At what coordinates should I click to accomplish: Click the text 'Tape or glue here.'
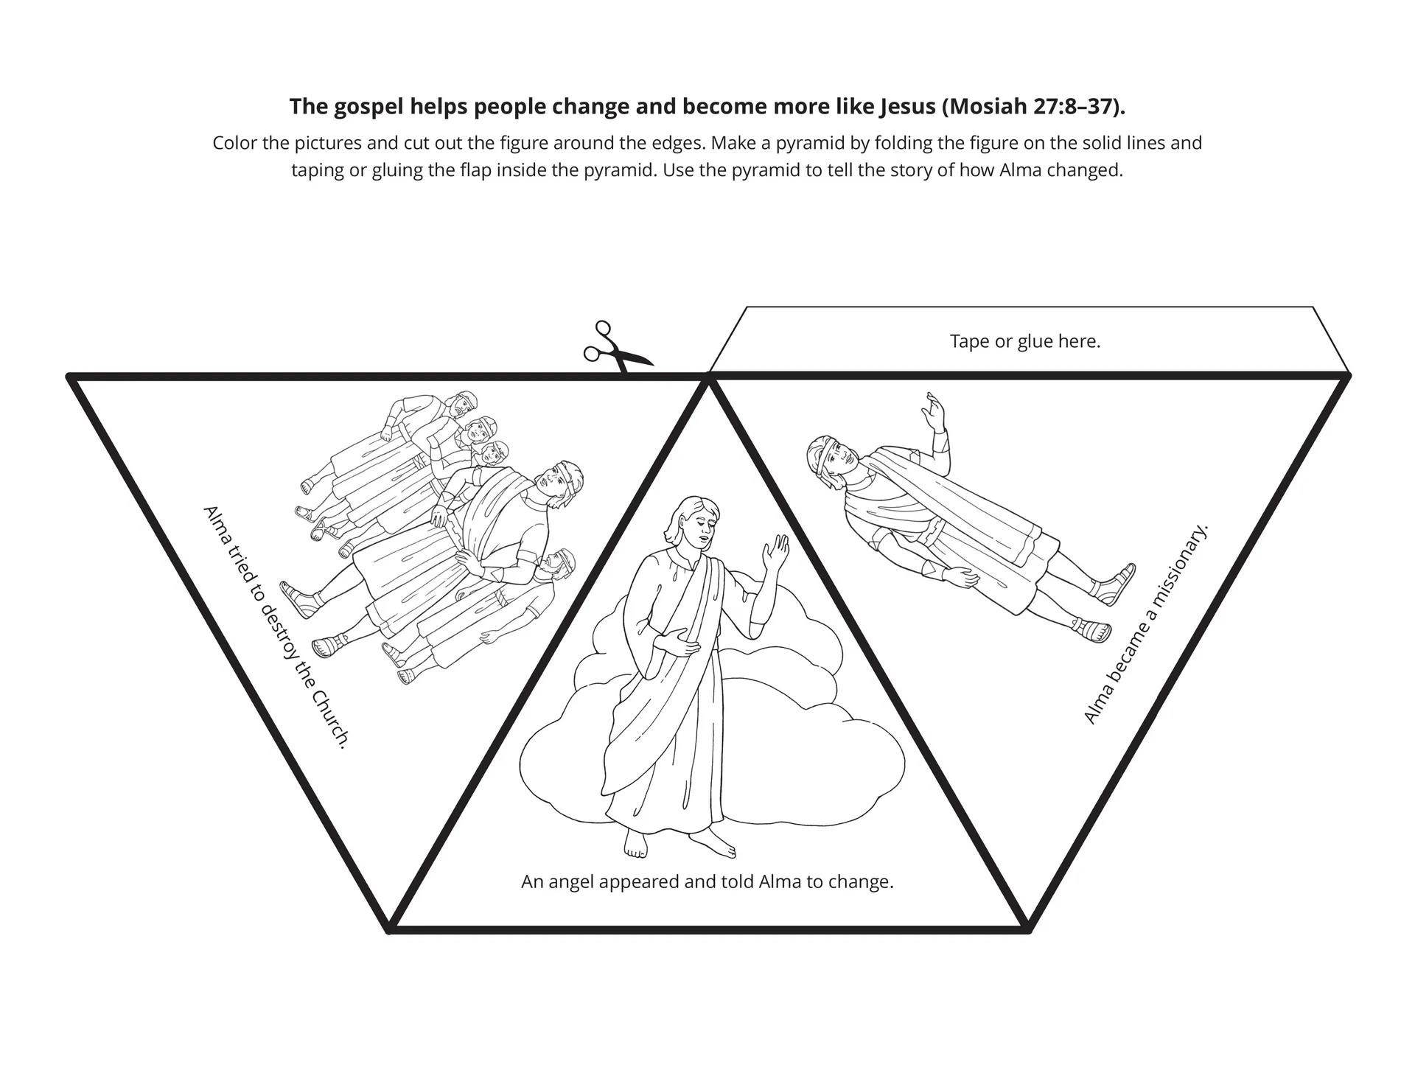pyautogui.click(x=1024, y=342)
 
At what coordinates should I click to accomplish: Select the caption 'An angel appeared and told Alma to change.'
pyautogui.click(x=707, y=882)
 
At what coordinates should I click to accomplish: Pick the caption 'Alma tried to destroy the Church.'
pyautogui.click(x=275, y=627)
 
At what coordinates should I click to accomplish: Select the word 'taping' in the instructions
pyautogui.click(x=316, y=171)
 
